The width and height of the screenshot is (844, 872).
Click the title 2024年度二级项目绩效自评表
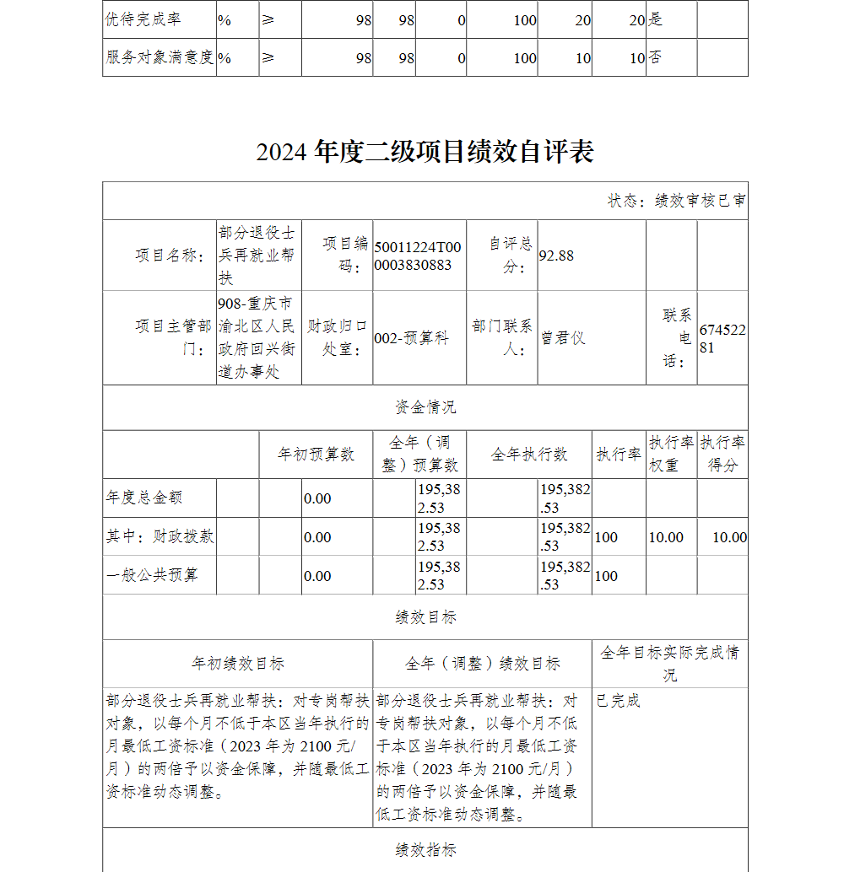click(425, 152)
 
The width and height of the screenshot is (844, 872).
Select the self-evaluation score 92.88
click(556, 255)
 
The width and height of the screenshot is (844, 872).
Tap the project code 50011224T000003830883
click(418, 256)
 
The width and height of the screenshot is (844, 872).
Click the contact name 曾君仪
click(563, 338)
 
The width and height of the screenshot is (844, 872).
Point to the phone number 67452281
click(722, 338)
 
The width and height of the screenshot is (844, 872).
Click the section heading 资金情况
click(425, 407)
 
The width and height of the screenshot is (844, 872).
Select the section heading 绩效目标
click(425, 617)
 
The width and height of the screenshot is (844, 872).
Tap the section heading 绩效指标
click(425, 849)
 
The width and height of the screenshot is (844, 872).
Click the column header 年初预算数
click(316, 455)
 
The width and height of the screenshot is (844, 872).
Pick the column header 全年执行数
click(529, 455)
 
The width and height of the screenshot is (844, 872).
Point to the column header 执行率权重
click(672, 455)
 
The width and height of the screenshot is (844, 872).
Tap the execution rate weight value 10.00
click(666, 537)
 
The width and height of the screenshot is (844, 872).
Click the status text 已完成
click(618, 701)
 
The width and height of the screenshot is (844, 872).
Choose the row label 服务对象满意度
click(159, 57)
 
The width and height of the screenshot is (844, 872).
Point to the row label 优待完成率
click(143, 19)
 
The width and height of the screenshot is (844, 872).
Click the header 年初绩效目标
click(238, 664)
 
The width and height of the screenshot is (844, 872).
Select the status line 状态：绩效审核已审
click(676, 201)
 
